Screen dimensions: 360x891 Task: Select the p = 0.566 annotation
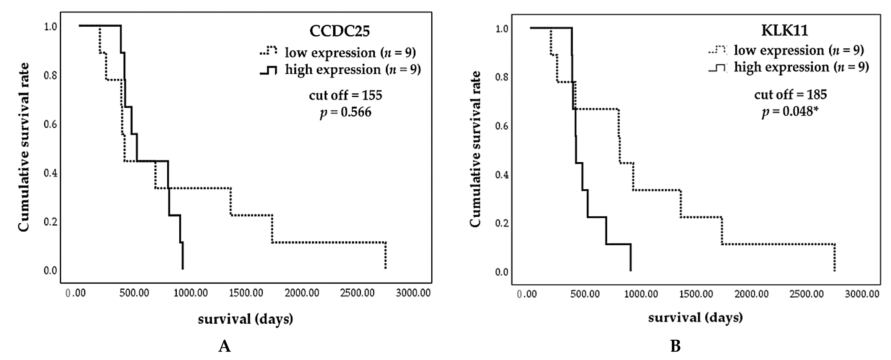point(345,112)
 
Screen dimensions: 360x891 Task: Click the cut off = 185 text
point(790,94)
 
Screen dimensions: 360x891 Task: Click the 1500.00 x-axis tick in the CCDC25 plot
point(246,293)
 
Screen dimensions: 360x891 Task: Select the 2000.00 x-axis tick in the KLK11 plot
point(751,294)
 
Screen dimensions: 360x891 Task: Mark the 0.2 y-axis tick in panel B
point(501,223)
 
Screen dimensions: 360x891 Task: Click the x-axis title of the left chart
point(245,319)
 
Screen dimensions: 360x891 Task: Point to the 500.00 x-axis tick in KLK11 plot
point(585,294)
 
